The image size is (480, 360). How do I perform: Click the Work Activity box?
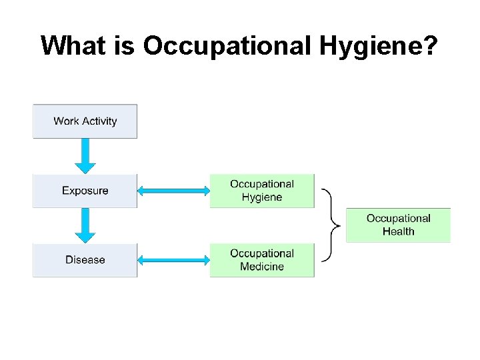click(x=85, y=121)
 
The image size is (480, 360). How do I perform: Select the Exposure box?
click(x=85, y=191)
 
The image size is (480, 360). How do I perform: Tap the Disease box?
click(x=85, y=260)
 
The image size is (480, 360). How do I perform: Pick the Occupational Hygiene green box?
click(x=262, y=191)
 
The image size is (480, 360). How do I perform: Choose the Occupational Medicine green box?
click(x=262, y=260)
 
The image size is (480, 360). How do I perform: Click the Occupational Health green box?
click(x=398, y=225)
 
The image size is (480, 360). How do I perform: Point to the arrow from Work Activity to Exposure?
click(x=85, y=156)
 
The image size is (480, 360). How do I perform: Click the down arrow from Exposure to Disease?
click(x=85, y=225)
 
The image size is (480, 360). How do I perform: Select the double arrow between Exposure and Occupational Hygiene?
click(x=173, y=191)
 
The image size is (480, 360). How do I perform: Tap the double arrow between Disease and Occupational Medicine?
click(x=173, y=260)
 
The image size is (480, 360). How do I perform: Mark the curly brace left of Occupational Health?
click(x=331, y=225)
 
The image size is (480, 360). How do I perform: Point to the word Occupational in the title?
click(x=227, y=46)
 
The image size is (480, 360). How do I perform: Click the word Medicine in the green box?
click(x=262, y=267)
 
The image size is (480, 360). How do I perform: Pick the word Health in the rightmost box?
click(x=399, y=232)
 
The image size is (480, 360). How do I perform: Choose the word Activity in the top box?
click(x=99, y=121)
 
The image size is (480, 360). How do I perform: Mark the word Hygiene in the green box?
click(x=262, y=197)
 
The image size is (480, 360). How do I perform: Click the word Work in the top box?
click(x=66, y=121)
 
